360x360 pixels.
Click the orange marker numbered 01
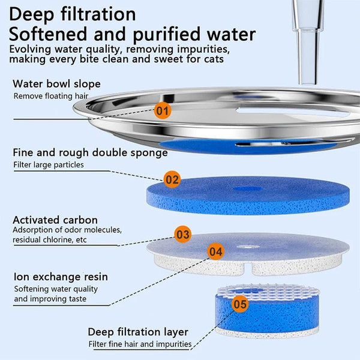tap(163, 110)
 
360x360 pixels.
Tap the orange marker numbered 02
tap(172, 179)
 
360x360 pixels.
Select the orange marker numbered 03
tap(183, 234)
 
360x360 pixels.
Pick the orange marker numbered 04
tap(215, 251)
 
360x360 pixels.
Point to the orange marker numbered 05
tap(240, 304)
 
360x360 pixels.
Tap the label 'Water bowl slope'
tap(56, 83)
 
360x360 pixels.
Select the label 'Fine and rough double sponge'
tap(90, 152)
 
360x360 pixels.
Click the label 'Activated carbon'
tap(55, 220)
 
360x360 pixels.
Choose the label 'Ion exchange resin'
tap(60, 277)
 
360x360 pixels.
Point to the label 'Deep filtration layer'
tap(138, 332)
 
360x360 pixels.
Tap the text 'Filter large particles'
tap(49, 164)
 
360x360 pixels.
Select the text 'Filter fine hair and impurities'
tap(140, 344)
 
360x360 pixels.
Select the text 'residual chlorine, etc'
tap(56, 240)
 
